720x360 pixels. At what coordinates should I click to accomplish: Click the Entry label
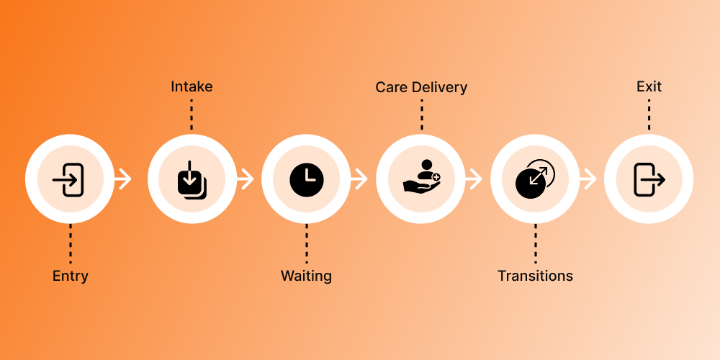click(x=71, y=276)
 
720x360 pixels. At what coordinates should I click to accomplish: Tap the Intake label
click(x=192, y=87)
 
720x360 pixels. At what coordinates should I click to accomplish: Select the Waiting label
click(x=306, y=276)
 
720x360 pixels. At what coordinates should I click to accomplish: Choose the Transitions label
click(x=535, y=276)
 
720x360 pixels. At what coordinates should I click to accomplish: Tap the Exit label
click(x=649, y=87)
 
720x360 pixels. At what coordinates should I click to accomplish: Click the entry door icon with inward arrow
click(x=70, y=179)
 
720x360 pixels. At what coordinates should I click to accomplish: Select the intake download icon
click(x=192, y=180)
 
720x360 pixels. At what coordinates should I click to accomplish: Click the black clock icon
click(x=307, y=179)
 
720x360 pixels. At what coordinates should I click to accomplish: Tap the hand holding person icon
click(x=421, y=177)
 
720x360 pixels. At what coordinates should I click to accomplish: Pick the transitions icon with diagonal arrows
click(x=535, y=179)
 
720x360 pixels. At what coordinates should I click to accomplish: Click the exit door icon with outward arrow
click(x=649, y=179)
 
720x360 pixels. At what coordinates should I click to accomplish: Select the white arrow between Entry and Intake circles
click(x=124, y=179)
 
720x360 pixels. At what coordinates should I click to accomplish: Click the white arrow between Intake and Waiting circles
click(x=246, y=179)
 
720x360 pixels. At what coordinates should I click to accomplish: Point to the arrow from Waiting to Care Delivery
click(x=359, y=179)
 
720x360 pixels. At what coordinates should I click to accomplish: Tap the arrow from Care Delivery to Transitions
click(x=474, y=179)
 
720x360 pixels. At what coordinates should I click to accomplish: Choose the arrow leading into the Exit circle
click(x=588, y=179)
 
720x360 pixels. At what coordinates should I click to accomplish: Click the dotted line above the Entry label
click(x=71, y=244)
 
